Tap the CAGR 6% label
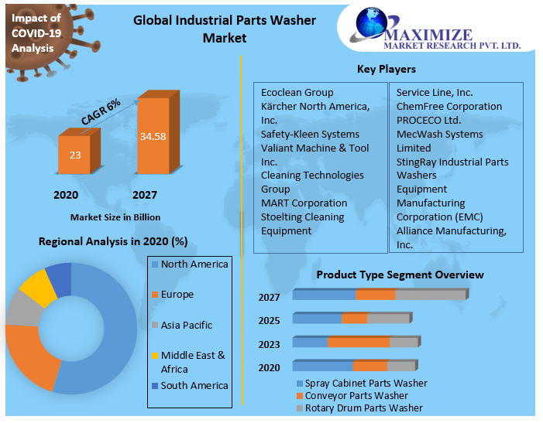pos(101,113)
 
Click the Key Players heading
pos(386,70)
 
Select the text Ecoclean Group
pos(297,93)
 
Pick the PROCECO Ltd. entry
pos(428,120)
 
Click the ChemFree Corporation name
pos(448,106)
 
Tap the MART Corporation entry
pos(304,203)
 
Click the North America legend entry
pos(194,264)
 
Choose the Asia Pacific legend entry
pos(186,326)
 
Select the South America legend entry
pos(194,385)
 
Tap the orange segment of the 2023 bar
pos(359,342)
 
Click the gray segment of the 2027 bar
pos(430,295)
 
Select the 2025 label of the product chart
pos(270,320)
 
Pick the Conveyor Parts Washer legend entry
pos(356,395)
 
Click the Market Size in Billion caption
pos(115,217)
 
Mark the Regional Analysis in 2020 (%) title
pos(113,242)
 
